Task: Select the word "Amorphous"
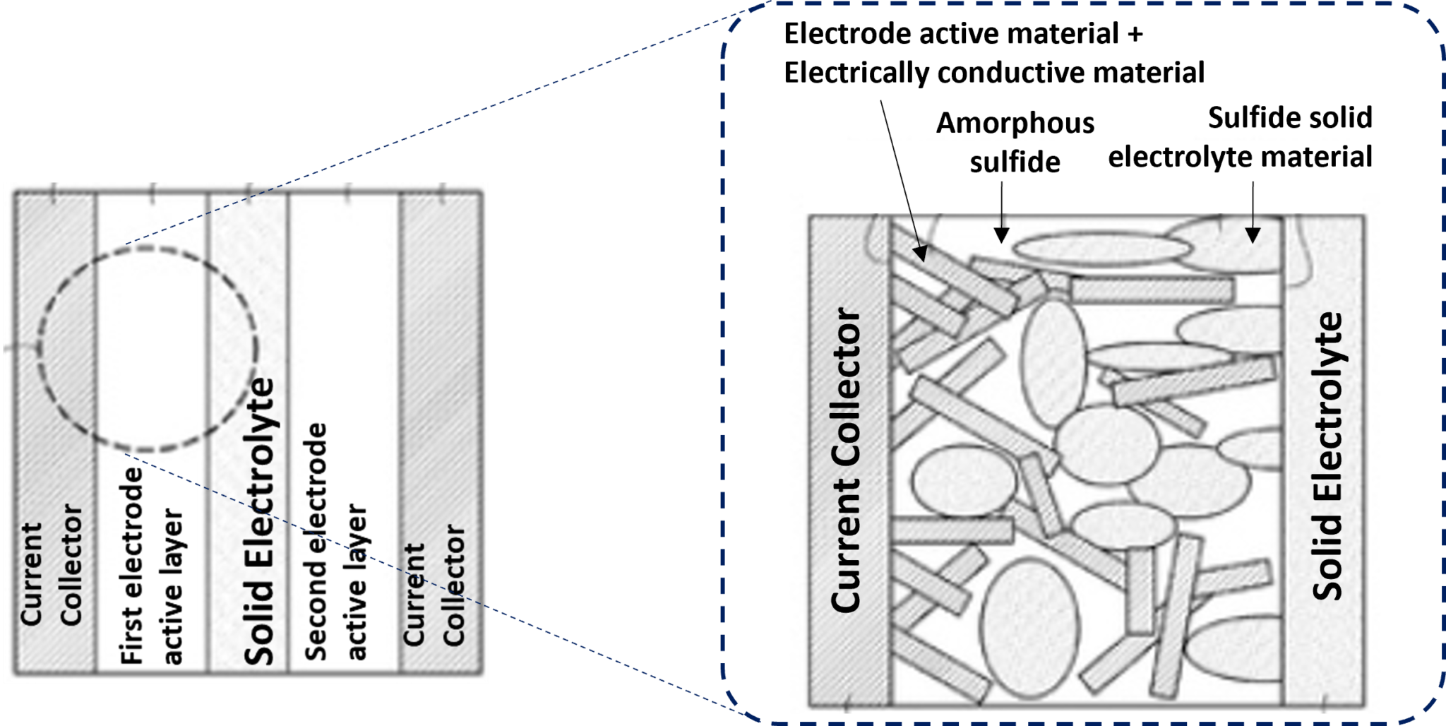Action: [1015, 124]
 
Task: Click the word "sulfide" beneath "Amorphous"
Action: [1015, 162]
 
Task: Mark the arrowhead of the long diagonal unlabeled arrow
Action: [920, 254]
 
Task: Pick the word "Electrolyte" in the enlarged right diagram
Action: [1327, 407]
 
